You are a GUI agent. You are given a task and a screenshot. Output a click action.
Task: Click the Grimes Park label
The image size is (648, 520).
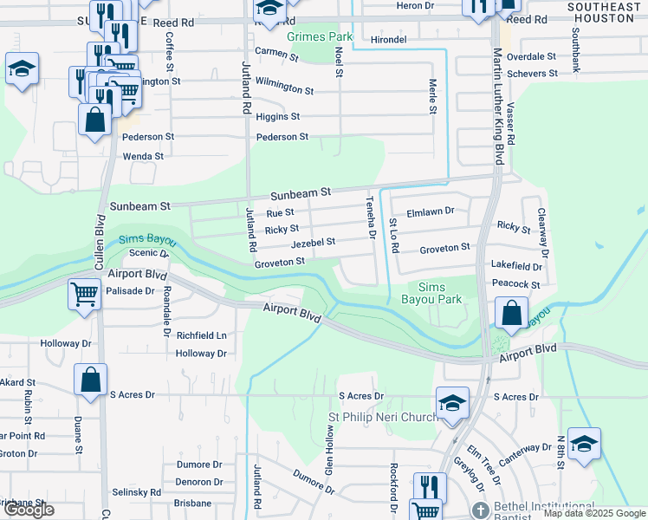click(320, 37)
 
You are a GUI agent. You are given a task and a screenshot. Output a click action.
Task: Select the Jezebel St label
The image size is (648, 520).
click(313, 244)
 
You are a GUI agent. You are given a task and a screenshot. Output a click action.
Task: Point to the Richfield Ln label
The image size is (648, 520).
click(201, 335)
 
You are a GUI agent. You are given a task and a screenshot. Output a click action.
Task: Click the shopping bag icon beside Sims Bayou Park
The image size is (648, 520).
click(513, 311)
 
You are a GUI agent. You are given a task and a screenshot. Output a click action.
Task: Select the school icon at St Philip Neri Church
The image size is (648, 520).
click(452, 402)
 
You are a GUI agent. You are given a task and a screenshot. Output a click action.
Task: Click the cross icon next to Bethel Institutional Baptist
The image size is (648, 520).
click(481, 509)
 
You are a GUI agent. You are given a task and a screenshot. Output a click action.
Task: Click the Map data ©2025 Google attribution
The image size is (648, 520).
click(593, 513)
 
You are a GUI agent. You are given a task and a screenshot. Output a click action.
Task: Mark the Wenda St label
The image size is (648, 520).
click(144, 156)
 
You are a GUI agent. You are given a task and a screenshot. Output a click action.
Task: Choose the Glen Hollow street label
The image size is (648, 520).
click(329, 454)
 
